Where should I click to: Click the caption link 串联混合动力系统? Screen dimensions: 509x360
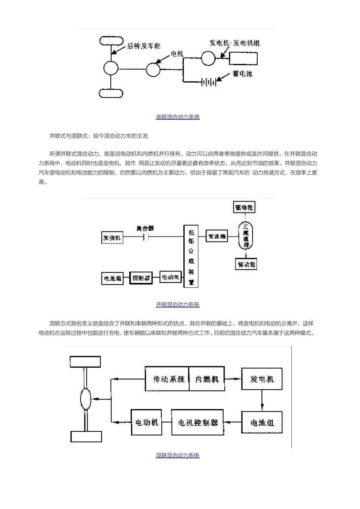point(178,117)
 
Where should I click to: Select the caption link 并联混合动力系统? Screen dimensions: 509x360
point(178,304)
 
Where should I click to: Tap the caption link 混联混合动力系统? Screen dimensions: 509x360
point(178,455)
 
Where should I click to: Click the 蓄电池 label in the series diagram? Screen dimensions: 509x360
point(242,74)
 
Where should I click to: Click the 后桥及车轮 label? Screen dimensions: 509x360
point(144,46)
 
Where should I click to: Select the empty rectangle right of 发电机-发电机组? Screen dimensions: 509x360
point(243,58)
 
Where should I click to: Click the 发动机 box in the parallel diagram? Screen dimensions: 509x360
point(112,237)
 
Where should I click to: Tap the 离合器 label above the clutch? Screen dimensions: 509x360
point(145,228)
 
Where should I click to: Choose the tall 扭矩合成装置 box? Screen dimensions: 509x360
point(191,256)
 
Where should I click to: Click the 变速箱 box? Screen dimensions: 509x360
point(217,236)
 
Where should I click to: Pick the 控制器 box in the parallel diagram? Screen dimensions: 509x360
point(141,278)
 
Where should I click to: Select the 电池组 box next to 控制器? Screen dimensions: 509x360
point(112,278)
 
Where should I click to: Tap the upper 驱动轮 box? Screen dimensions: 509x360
point(244,208)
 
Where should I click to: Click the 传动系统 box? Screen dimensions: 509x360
point(167,379)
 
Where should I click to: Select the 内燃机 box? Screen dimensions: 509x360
point(207,379)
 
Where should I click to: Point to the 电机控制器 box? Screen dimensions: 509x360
point(197,422)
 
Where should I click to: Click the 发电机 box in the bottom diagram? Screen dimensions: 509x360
point(262,379)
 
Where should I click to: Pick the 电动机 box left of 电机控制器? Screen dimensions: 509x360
point(146,422)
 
